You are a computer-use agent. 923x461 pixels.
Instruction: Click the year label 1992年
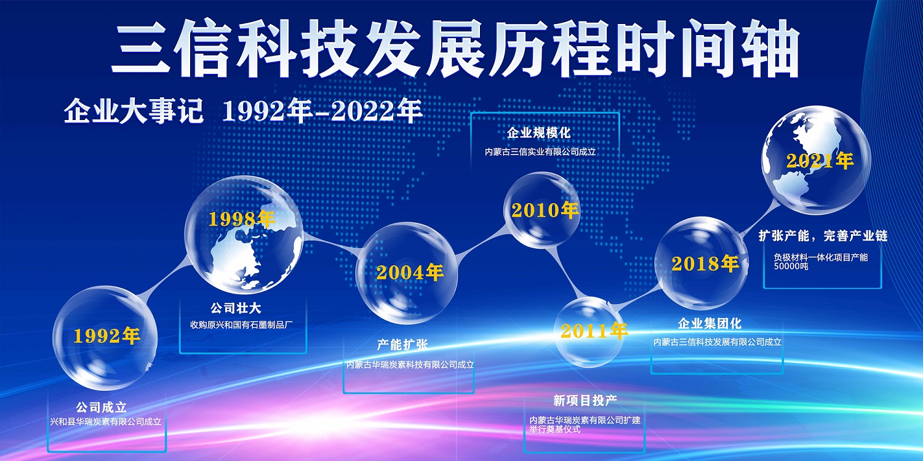click(x=106, y=336)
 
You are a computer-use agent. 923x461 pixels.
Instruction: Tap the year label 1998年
click(x=241, y=218)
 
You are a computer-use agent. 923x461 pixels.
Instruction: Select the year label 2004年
click(x=410, y=272)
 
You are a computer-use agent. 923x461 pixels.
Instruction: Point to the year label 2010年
click(x=545, y=210)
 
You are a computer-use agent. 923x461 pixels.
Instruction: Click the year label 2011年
click(x=594, y=331)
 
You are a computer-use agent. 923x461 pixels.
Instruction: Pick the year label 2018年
click(x=705, y=263)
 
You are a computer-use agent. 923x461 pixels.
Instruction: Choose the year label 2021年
click(x=820, y=161)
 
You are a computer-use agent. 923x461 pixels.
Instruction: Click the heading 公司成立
click(x=101, y=407)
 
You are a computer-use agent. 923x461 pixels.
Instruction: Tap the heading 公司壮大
click(x=236, y=308)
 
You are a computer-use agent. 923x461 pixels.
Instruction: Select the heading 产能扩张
click(x=402, y=345)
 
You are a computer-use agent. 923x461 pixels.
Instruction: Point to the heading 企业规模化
click(x=538, y=133)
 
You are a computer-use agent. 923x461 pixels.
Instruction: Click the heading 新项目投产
click(x=585, y=400)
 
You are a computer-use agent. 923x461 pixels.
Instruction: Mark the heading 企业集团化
click(x=709, y=323)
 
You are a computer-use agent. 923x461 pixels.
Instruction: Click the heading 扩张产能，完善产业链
click(x=823, y=236)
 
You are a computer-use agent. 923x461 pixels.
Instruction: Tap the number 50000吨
click(x=791, y=266)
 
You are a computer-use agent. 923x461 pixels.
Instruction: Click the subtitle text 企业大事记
click(x=134, y=111)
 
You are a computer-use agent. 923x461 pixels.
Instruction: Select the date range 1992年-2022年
click(x=322, y=111)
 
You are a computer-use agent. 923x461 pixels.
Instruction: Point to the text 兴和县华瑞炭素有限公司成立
click(x=105, y=422)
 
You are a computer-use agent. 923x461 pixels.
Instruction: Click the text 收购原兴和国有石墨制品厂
click(x=241, y=324)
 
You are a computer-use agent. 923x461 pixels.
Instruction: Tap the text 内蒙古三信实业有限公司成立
click(x=540, y=151)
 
